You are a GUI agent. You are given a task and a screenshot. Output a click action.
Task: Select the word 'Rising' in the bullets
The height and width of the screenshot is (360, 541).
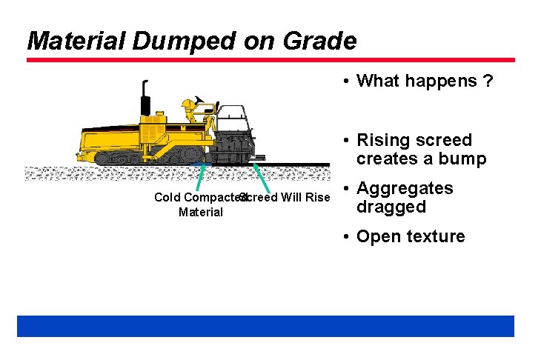[382, 140]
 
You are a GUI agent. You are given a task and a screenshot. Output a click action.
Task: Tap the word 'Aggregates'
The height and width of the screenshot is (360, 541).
[404, 188]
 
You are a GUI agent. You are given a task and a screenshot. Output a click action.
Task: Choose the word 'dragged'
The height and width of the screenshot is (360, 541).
[391, 207]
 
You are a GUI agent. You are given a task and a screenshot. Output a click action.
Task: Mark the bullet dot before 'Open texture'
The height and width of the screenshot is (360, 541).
[346, 237]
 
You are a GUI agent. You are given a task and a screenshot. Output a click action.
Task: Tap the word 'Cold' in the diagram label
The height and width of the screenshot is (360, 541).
[167, 198]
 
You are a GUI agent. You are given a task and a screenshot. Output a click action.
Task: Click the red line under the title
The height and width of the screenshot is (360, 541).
[270, 60]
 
